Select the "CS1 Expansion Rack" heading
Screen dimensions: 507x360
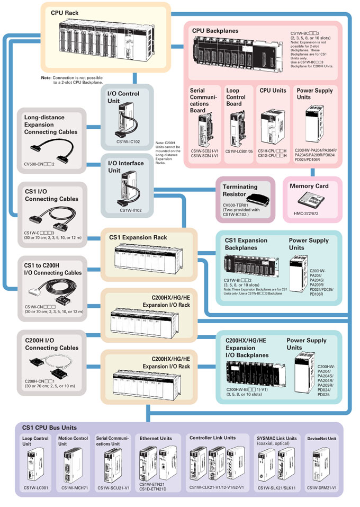tap(138, 237)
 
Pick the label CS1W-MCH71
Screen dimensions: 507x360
tap(74, 488)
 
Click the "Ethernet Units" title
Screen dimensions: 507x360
tap(156, 439)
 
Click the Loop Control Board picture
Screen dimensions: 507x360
tap(236, 128)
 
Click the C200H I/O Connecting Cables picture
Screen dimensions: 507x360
tap(48, 366)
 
